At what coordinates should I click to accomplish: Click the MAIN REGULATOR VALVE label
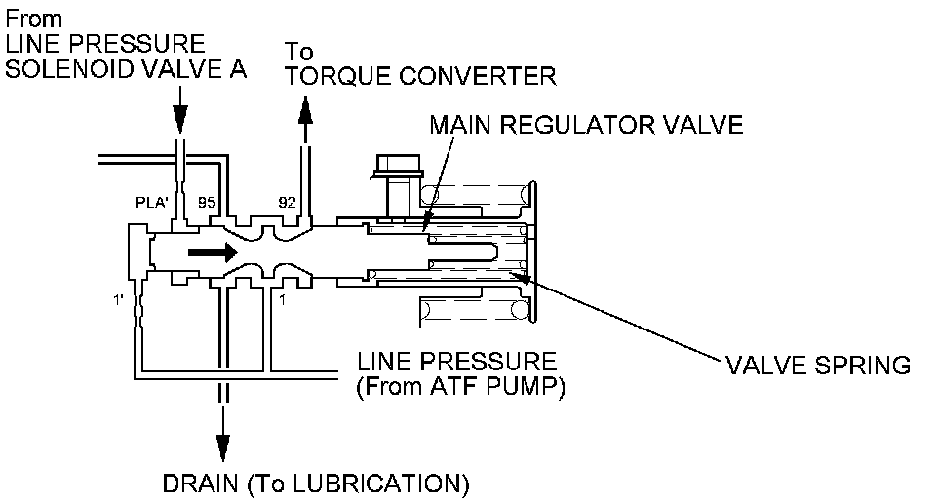pyautogui.click(x=587, y=126)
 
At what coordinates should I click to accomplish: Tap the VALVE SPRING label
pyautogui.click(x=817, y=366)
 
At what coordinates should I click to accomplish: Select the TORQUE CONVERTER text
pyautogui.click(x=421, y=76)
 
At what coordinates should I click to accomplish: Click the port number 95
pyautogui.click(x=207, y=204)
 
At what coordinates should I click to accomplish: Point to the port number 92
pyautogui.click(x=287, y=204)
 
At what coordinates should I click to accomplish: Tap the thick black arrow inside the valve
pyautogui.click(x=212, y=252)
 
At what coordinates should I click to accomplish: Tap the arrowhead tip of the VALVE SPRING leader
pyautogui.click(x=524, y=277)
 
